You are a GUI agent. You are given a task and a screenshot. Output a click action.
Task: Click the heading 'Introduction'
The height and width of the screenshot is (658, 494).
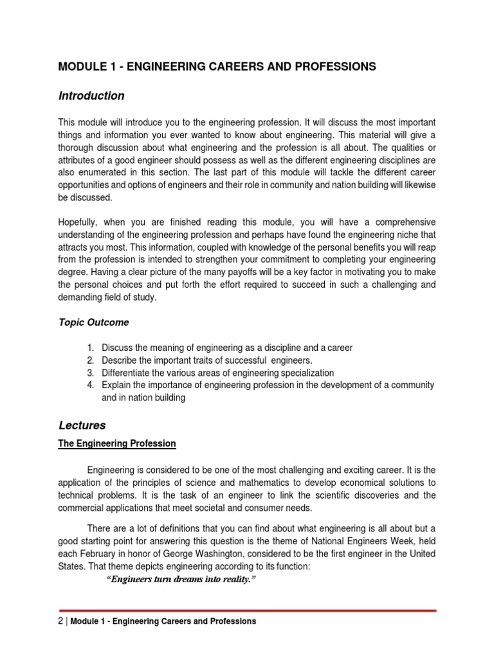(x=91, y=96)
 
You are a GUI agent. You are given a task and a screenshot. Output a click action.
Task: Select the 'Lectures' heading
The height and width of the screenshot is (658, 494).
(x=82, y=425)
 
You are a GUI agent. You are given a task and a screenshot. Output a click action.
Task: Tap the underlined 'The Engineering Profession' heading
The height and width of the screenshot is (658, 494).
(x=117, y=444)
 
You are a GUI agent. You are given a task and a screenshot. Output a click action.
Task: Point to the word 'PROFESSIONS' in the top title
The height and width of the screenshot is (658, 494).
(x=334, y=66)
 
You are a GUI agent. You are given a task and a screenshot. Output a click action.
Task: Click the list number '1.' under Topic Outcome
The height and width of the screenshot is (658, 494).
(x=91, y=348)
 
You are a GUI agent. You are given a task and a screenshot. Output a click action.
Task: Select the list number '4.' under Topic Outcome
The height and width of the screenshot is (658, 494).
(x=91, y=385)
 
